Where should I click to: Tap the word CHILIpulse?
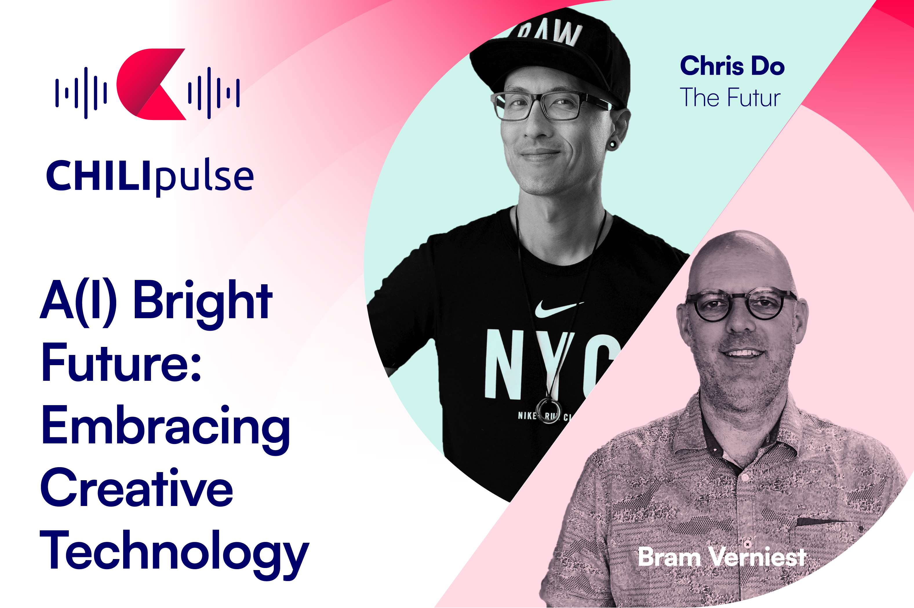[150, 176]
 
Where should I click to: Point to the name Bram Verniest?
[722, 557]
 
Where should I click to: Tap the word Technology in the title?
[174, 554]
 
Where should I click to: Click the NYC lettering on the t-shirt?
[551, 365]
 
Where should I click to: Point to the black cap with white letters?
[551, 54]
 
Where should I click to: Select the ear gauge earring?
[612, 145]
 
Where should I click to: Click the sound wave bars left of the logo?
[81, 93]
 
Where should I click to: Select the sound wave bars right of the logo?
[214, 93]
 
